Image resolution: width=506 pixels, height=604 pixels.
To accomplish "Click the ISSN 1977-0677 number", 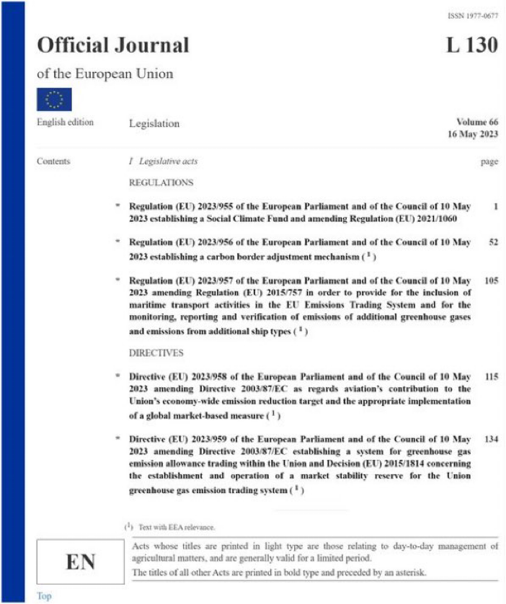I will coord(472,15).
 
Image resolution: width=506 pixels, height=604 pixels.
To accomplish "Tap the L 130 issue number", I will coord(471,45).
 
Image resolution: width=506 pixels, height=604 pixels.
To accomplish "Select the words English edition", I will coord(65,123).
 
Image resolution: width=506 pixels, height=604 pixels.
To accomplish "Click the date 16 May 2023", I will coord(472,136).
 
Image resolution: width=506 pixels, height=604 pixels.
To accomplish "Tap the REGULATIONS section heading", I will coord(161,183).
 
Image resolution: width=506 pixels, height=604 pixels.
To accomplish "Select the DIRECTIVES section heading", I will coord(156,353).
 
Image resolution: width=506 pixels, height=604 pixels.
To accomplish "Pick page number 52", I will coord(493,243).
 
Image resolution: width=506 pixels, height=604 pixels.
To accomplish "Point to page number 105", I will coord(491,280).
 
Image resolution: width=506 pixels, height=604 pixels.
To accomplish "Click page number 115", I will coord(491,377).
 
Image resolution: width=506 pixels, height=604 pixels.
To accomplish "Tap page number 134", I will coord(491,439).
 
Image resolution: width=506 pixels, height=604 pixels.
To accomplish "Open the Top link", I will coord(44,596).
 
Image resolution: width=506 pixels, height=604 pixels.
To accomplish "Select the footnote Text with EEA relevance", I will coord(174,528).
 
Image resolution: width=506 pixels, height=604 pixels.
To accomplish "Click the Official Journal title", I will coord(113,45).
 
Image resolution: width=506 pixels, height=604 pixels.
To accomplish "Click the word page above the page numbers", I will coord(489,162).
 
